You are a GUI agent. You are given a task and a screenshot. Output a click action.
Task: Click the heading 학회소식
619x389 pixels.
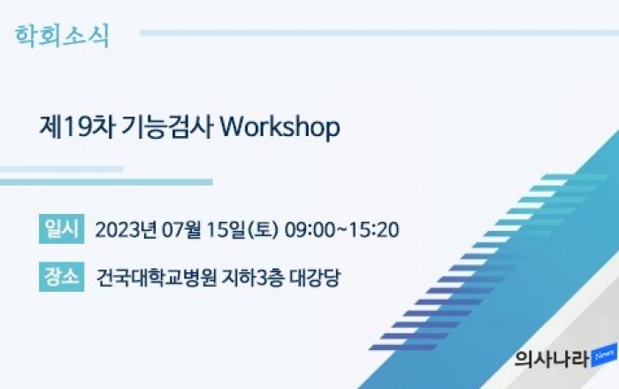(x=62, y=36)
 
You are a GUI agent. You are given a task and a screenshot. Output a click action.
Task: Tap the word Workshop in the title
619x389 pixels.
(x=279, y=127)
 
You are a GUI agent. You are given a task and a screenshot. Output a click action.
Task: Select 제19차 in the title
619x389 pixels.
(x=78, y=127)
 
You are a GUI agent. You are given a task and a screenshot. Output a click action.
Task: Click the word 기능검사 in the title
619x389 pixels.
(x=167, y=127)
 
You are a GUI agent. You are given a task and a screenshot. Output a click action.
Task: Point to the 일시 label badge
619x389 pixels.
(x=62, y=229)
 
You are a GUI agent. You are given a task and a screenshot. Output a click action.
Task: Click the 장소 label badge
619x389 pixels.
(x=62, y=277)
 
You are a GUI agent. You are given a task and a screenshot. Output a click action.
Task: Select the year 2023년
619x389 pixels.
(x=126, y=230)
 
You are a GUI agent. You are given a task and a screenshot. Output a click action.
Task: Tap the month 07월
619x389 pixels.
(x=181, y=230)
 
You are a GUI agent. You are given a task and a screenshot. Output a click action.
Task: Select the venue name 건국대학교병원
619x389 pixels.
(x=157, y=278)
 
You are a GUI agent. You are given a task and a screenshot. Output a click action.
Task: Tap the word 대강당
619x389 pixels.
(x=315, y=278)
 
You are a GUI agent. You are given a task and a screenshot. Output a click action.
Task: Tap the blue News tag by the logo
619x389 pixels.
(x=604, y=355)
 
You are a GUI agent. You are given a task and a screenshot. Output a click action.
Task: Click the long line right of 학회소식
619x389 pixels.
(x=379, y=33)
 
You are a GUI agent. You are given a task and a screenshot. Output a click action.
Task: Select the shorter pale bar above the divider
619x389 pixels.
(x=61, y=169)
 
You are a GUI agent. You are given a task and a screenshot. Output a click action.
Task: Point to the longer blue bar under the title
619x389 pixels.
(x=106, y=182)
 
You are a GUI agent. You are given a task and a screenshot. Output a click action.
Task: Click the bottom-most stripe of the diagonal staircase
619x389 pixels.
(x=402, y=347)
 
